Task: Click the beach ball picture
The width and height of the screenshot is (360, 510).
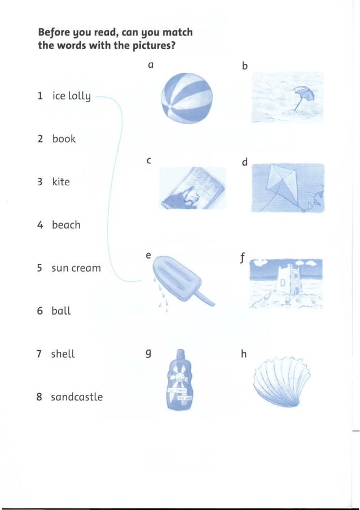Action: [x=187, y=99]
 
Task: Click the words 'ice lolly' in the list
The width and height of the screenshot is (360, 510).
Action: [x=71, y=96]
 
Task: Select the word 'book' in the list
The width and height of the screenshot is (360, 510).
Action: [x=64, y=139]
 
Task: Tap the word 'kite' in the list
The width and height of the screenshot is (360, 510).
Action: [x=61, y=182]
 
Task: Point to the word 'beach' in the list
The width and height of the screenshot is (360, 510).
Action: [x=66, y=225]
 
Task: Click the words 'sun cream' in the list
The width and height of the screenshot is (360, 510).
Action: [x=76, y=268]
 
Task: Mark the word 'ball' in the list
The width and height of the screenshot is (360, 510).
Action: [x=61, y=311]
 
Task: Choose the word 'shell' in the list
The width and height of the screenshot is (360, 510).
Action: [x=63, y=354]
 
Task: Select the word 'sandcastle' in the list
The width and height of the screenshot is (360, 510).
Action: [x=77, y=397]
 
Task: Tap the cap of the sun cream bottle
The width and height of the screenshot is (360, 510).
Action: [x=180, y=354]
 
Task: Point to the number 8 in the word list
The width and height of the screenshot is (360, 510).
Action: [x=39, y=397]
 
